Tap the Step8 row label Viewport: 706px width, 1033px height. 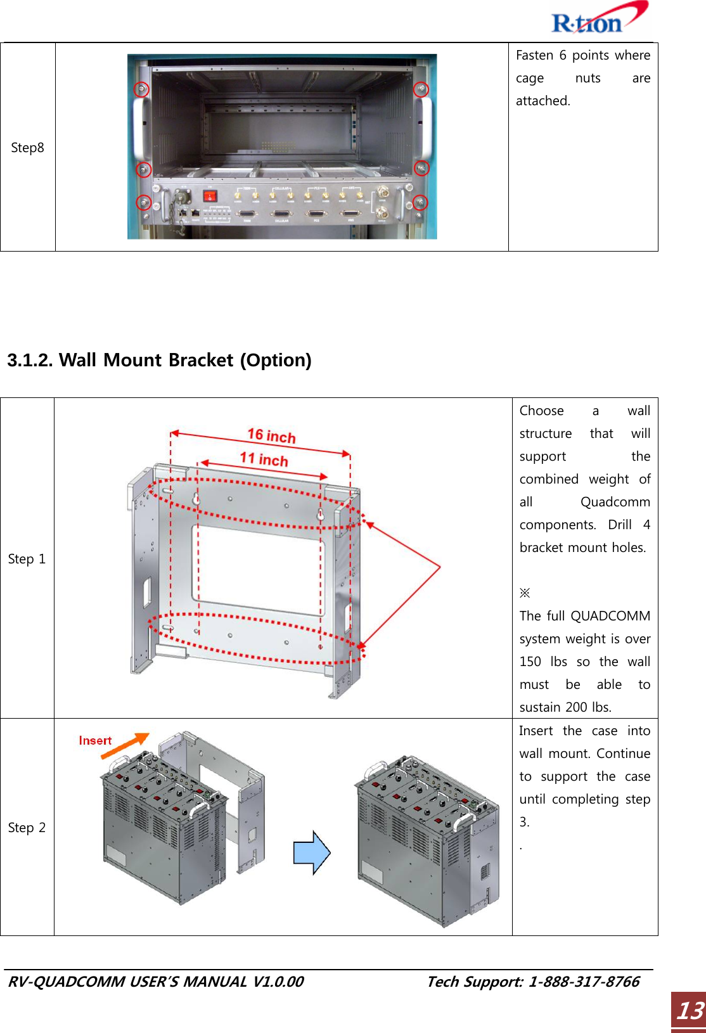[x=27, y=148]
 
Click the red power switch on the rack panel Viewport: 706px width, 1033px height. [x=209, y=196]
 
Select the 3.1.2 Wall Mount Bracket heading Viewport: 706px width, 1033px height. [x=159, y=360]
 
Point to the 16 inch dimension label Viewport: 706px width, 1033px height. [x=271, y=435]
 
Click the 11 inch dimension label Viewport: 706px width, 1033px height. [x=264, y=459]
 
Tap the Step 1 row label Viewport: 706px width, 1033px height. [x=27, y=559]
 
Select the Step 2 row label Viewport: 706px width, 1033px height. [x=27, y=828]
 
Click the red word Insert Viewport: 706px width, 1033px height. [x=95, y=740]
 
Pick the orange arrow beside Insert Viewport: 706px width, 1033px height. [x=125, y=745]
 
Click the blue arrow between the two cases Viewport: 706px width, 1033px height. [x=312, y=852]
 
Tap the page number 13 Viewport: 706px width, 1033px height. [x=690, y=1010]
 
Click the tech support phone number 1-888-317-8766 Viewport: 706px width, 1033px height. [x=584, y=982]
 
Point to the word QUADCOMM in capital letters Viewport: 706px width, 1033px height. [x=610, y=616]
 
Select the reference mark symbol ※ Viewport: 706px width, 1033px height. [x=525, y=593]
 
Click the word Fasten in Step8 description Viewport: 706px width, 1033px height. [x=535, y=55]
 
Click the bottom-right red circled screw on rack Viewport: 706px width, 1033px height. [x=420, y=202]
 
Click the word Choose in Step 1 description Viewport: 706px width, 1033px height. [x=541, y=411]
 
